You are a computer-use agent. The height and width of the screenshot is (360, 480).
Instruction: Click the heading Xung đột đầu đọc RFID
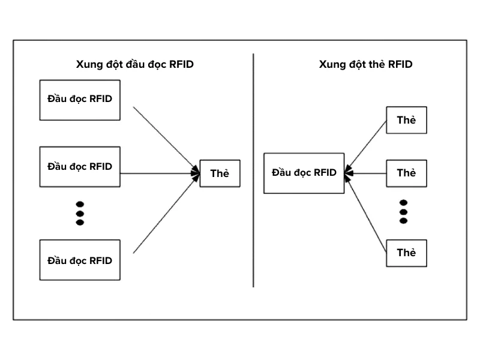pos(134,64)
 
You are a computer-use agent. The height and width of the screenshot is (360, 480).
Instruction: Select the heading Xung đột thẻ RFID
pos(365,64)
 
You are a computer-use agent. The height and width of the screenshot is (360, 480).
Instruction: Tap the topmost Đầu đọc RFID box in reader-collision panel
pos(80,100)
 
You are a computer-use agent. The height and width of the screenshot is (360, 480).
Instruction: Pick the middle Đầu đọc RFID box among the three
pos(80,166)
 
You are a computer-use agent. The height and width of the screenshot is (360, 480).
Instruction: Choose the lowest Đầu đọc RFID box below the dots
pos(80,260)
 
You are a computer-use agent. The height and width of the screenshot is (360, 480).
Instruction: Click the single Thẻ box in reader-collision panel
pos(220,174)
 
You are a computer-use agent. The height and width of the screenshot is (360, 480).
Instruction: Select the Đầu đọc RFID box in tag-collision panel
pos(304,173)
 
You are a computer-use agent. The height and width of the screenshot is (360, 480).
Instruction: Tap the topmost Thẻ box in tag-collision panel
pos(406,121)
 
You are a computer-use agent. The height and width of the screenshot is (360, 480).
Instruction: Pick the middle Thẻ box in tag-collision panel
pos(406,173)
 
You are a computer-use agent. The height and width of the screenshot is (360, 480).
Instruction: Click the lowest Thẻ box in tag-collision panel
pos(406,253)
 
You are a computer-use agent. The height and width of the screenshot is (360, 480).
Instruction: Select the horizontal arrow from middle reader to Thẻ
pos(159,174)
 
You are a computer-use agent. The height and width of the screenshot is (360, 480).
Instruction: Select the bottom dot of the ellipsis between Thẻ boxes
pos(403,221)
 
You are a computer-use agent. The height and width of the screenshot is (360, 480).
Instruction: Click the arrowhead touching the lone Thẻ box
pos(196,174)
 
